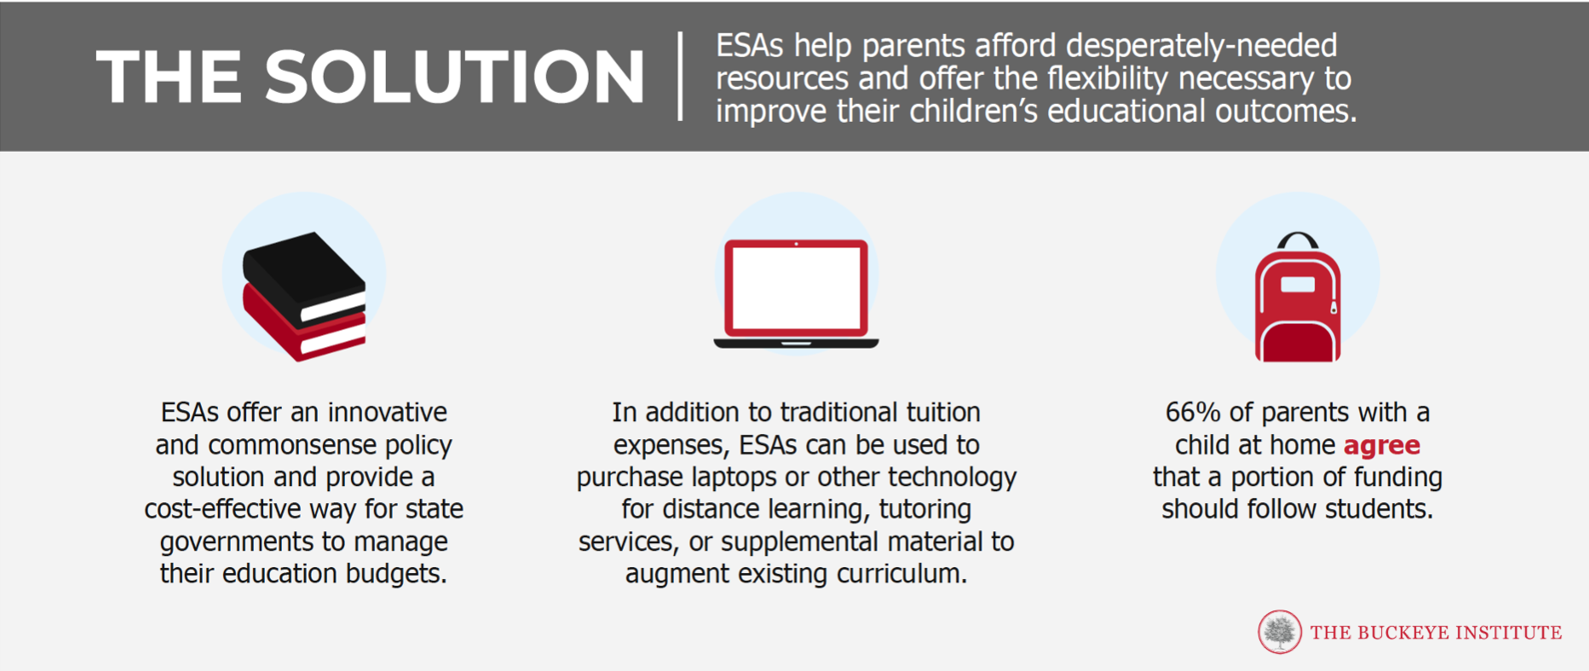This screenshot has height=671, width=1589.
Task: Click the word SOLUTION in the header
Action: pyautogui.click(x=454, y=77)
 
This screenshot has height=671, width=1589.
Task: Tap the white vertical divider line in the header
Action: pyautogui.click(x=680, y=77)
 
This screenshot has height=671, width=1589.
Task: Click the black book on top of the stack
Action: pyautogui.click(x=303, y=276)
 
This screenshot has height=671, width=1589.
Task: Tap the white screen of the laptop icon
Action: pyautogui.click(x=796, y=288)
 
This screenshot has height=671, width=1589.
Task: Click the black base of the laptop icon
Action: pyautogui.click(x=796, y=343)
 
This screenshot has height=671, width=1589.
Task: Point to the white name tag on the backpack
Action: pyautogui.click(x=1298, y=284)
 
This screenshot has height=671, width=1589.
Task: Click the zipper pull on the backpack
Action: pyautogui.click(x=1333, y=307)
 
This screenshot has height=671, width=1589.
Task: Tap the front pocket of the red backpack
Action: pyautogui.click(x=1298, y=341)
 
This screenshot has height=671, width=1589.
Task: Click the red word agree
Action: pyautogui.click(x=1382, y=445)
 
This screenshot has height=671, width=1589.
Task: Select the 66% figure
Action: pyautogui.click(x=1193, y=413)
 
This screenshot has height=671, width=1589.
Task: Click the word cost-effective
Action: pyautogui.click(x=223, y=509)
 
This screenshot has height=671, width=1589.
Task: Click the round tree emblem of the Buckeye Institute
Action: pyautogui.click(x=1280, y=632)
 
